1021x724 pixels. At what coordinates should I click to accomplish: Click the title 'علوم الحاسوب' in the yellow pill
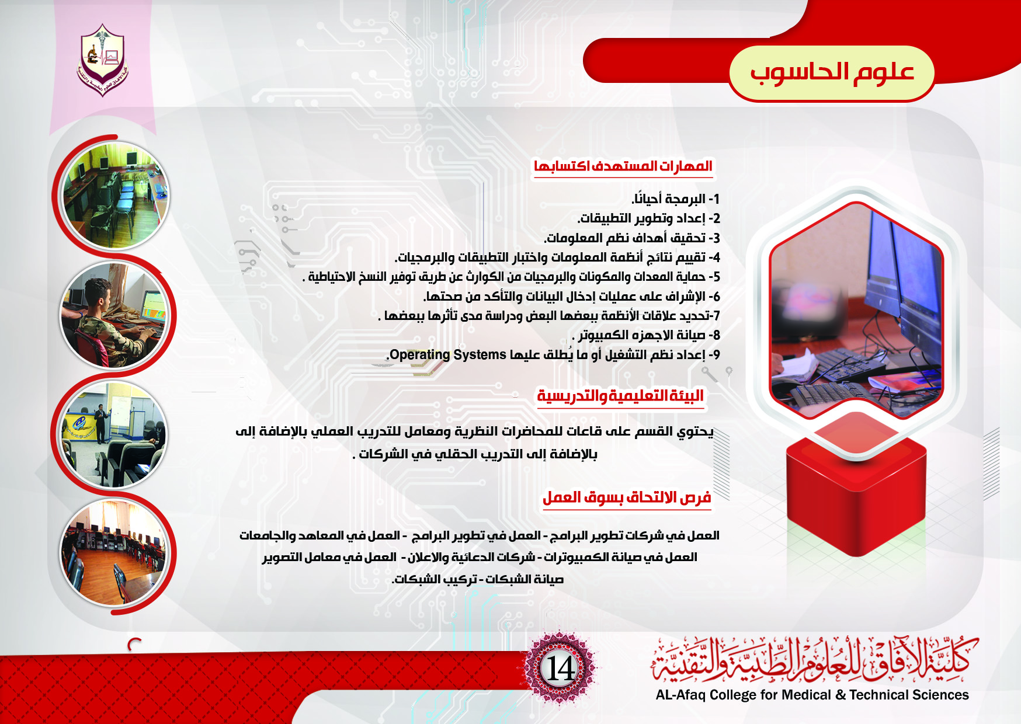pyautogui.click(x=832, y=72)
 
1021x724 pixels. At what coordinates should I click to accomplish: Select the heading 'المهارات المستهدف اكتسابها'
pyautogui.click(x=623, y=166)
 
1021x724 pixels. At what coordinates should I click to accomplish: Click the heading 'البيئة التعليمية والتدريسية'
pyautogui.click(x=620, y=396)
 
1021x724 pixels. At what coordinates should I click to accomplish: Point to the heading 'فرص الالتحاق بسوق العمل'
pyautogui.click(x=627, y=497)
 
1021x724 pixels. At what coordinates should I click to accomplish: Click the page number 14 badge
pyautogui.click(x=560, y=669)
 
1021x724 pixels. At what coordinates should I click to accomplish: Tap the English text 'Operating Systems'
pyautogui.click(x=448, y=354)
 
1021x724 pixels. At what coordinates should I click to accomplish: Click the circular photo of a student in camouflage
pyautogui.click(x=115, y=315)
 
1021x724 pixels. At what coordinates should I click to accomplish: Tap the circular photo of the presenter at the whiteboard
pyautogui.click(x=114, y=434)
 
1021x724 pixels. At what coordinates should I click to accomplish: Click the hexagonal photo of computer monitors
pyautogui.click(x=856, y=309)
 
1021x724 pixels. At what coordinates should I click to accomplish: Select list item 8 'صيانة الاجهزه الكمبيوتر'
pyautogui.click(x=646, y=335)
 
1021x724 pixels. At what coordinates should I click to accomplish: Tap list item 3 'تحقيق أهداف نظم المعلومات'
pyautogui.click(x=632, y=238)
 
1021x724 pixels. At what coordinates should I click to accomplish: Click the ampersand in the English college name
pyautogui.click(x=840, y=695)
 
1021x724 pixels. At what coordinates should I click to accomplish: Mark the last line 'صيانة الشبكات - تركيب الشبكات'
pyautogui.click(x=478, y=579)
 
